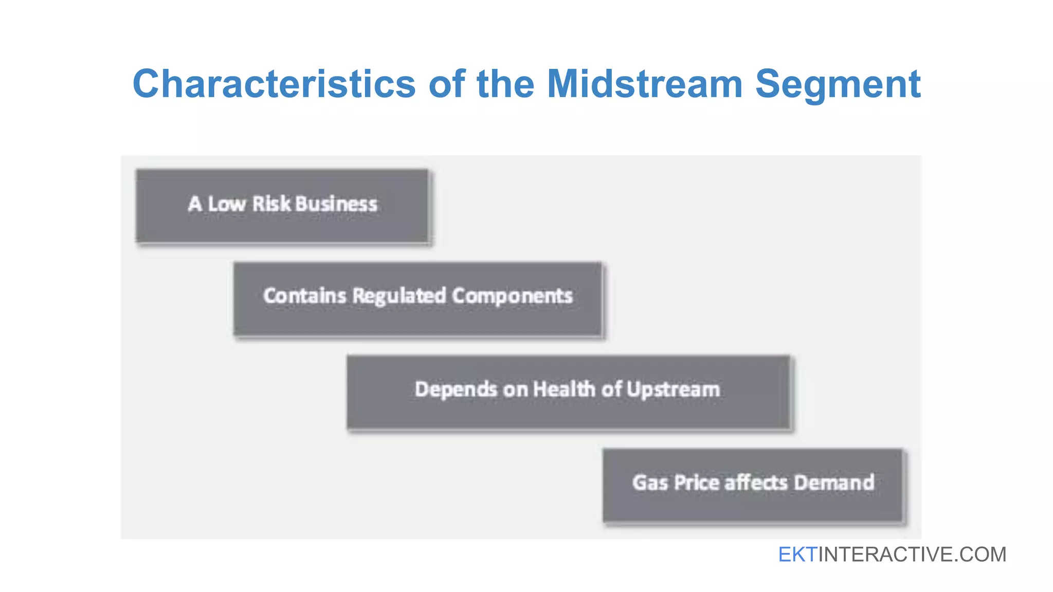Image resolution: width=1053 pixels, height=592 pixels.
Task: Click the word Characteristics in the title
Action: click(x=274, y=84)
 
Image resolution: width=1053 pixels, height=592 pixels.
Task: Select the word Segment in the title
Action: click(x=838, y=84)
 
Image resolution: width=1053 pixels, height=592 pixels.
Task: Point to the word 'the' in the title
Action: click(x=505, y=84)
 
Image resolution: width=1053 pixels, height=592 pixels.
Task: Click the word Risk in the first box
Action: click(x=271, y=204)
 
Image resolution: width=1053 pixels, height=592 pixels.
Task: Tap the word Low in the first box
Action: click(x=227, y=204)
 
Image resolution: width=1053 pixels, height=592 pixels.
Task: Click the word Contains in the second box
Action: click(x=305, y=296)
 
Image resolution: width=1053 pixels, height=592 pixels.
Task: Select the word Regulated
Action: click(x=400, y=297)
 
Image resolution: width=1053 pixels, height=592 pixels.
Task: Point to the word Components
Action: click(x=512, y=296)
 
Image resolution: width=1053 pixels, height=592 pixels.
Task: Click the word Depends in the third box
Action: click(x=456, y=390)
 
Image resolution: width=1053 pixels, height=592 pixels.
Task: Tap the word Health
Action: click(x=564, y=389)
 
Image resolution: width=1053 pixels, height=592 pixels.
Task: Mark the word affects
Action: click(x=756, y=483)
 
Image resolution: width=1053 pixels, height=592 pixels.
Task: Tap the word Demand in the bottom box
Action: click(x=834, y=483)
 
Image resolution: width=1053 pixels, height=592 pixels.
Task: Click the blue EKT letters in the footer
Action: click(x=797, y=554)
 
